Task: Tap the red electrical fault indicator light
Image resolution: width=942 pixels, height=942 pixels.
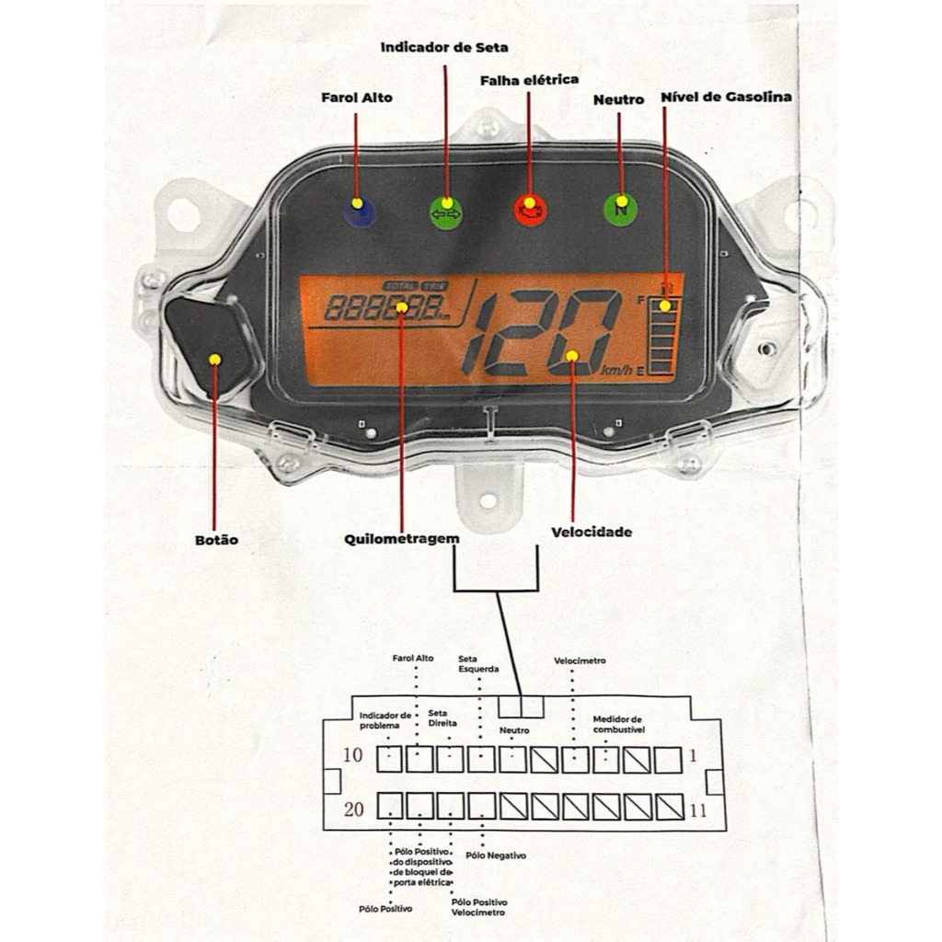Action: pos(529,209)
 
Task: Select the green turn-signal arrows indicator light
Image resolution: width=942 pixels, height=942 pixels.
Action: pos(446,212)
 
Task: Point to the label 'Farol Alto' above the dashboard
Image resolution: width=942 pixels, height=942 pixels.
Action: pos(356,98)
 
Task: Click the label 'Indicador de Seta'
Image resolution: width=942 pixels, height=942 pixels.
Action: pos(443,47)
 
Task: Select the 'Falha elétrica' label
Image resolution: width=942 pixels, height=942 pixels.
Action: pos(529,80)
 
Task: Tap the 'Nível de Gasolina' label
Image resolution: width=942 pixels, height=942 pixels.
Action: pos(726,97)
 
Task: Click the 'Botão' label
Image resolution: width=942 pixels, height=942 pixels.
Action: pos(216,540)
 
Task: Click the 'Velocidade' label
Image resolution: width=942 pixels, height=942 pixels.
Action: pos(592,532)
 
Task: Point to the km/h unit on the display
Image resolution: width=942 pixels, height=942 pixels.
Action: pos(617,370)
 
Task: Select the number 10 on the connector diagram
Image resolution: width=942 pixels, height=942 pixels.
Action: pos(352,756)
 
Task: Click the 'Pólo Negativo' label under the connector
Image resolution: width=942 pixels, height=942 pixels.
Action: pos(496,856)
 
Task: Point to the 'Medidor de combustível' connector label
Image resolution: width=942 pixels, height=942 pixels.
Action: pos(618,724)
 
